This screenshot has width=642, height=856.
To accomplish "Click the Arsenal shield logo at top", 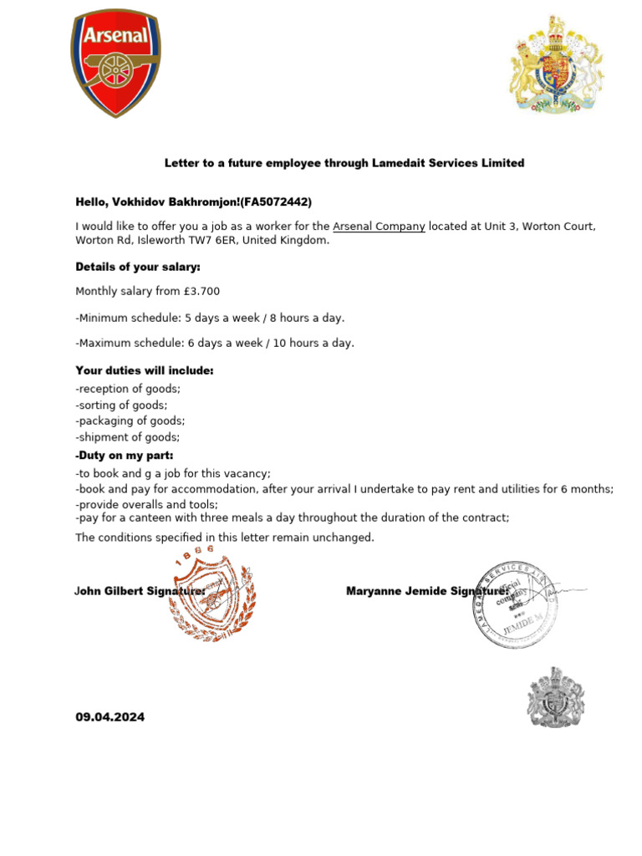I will [x=115, y=64].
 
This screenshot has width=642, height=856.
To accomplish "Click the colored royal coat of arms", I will [x=556, y=64].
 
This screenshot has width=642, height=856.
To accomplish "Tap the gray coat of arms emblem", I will [x=555, y=697].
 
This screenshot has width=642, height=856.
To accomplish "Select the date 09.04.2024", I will [x=110, y=716].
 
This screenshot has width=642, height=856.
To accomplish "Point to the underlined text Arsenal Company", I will [x=379, y=227].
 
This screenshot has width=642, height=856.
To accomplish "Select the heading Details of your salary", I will [x=138, y=267].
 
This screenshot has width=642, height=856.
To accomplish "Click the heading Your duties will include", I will [x=145, y=370].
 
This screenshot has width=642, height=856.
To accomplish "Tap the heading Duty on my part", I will [x=125, y=456].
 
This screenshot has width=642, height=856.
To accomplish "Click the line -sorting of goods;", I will [x=121, y=405].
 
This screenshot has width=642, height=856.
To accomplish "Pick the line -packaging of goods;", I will [x=130, y=421].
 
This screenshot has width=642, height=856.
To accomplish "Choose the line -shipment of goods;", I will [x=127, y=437].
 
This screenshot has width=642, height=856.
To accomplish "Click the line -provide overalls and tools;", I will [x=146, y=504].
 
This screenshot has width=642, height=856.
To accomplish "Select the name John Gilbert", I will [x=108, y=591].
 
